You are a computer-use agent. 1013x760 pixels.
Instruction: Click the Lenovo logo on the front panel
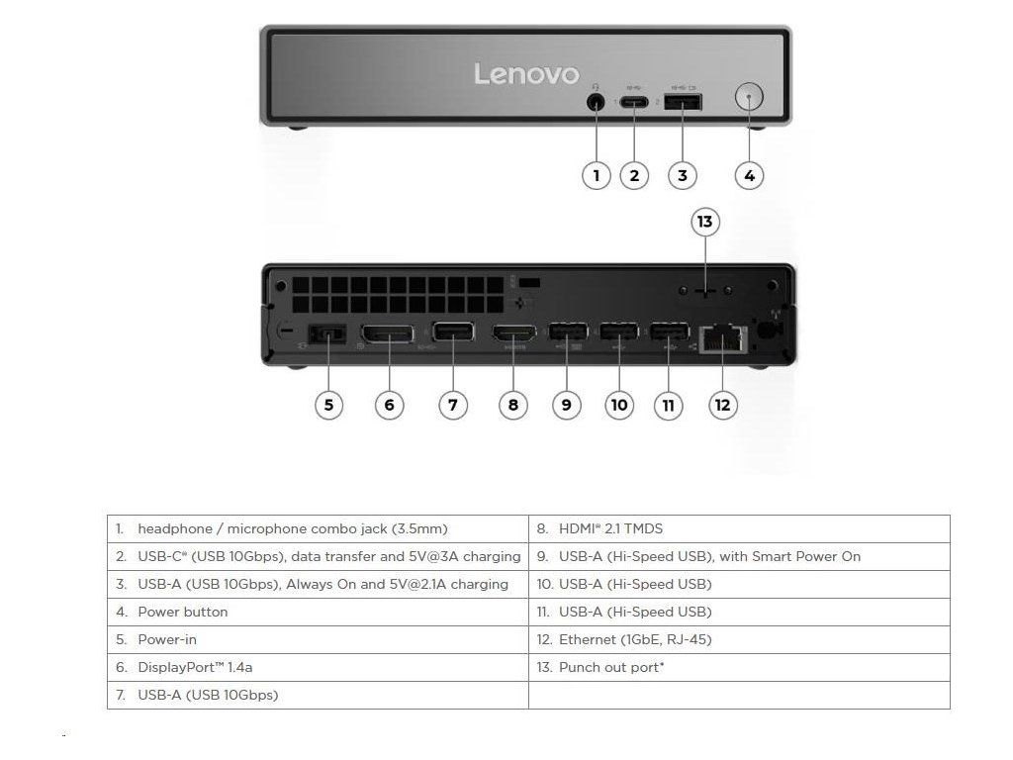(x=526, y=74)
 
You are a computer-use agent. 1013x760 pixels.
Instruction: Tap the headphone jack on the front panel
(x=596, y=101)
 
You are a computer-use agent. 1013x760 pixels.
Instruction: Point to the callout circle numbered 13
(x=704, y=222)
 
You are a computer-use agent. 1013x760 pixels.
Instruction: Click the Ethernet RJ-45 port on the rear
(x=721, y=338)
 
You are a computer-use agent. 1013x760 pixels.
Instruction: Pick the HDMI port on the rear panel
(x=513, y=336)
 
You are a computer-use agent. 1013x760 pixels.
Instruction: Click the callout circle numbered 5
(x=328, y=404)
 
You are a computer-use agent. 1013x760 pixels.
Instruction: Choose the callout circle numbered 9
(x=566, y=404)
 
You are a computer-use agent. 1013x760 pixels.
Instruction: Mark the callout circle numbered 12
(x=723, y=404)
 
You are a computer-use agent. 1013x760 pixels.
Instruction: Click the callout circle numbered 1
(x=596, y=176)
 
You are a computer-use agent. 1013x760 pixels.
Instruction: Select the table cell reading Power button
(x=182, y=612)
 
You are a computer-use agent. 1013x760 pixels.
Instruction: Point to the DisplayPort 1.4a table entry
(x=195, y=667)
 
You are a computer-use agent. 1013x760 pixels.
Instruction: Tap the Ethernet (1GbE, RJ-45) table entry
(x=635, y=639)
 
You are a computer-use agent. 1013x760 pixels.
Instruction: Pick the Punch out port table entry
(x=611, y=667)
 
